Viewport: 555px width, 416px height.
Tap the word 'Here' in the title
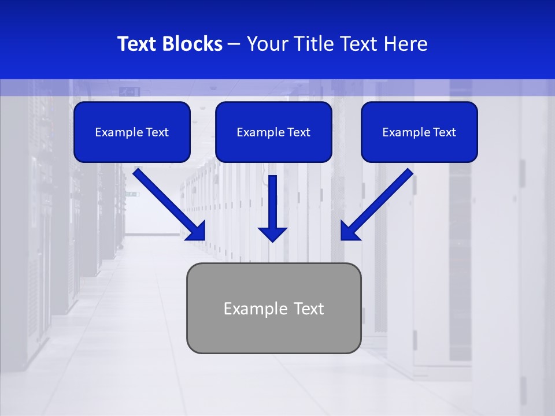point(405,44)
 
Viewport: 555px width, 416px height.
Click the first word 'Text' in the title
point(139,44)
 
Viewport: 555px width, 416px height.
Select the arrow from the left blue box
point(168,202)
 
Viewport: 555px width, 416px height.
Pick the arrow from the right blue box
point(379,202)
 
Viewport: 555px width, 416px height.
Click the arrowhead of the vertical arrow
point(273,233)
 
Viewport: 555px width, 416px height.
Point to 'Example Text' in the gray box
point(273,309)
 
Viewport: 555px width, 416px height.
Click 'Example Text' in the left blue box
point(132,132)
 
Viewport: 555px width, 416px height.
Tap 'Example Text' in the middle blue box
point(273,132)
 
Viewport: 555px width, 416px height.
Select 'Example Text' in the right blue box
point(419,132)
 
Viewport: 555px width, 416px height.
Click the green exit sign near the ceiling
point(127,91)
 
